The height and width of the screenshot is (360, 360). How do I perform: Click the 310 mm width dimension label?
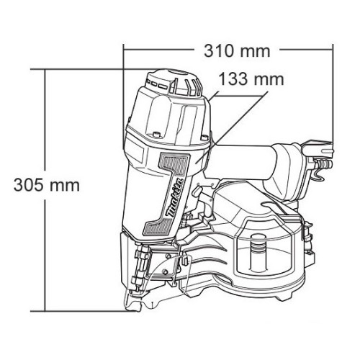click(x=237, y=50)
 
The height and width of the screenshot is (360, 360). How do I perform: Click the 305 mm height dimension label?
click(x=47, y=185)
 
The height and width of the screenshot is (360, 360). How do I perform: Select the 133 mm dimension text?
click(x=251, y=79)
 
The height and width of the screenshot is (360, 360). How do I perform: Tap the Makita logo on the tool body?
click(x=176, y=199)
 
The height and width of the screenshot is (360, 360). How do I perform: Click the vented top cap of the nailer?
click(x=174, y=83)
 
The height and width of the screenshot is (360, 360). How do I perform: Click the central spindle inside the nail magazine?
click(x=258, y=253)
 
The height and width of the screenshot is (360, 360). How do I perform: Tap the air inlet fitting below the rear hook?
click(x=325, y=164)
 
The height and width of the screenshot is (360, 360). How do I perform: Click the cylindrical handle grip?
click(x=243, y=162)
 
